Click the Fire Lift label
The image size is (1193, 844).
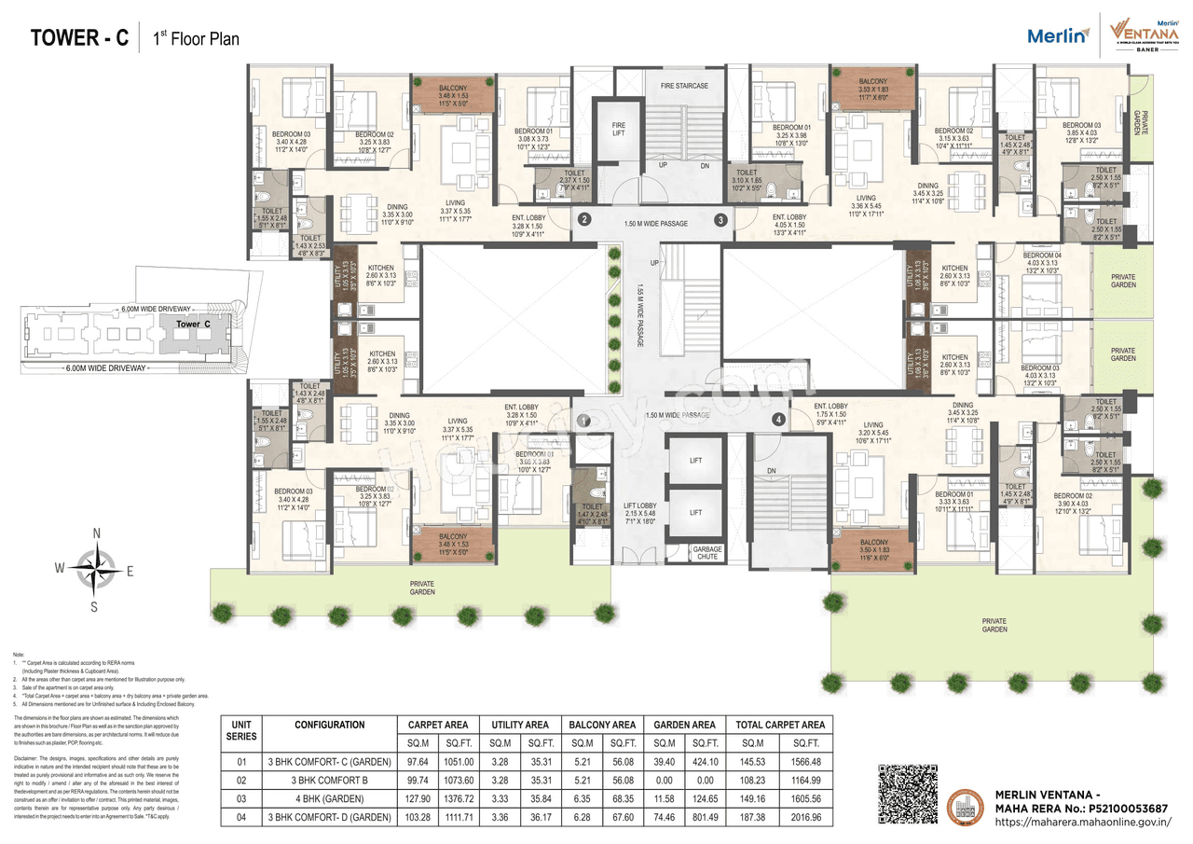[x=617, y=129]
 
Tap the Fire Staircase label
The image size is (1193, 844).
[x=684, y=86]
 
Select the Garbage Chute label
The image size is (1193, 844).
[x=707, y=553]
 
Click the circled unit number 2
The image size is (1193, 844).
[x=584, y=220]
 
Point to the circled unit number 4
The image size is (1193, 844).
[x=778, y=421]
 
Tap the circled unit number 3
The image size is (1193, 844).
[x=720, y=220]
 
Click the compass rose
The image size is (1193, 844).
[x=96, y=569]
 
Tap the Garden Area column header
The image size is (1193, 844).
[x=684, y=725]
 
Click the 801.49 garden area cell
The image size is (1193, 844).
[x=705, y=818]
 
